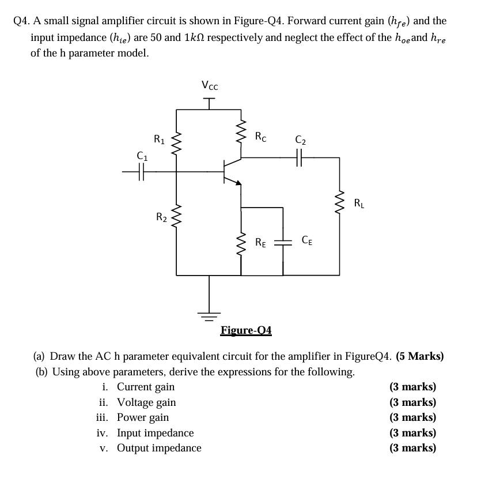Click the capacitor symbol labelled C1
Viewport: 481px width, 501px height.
click(141, 171)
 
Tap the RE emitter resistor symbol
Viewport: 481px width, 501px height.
click(241, 242)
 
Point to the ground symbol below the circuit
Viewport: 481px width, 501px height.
click(210, 315)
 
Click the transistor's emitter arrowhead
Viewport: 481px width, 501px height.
click(237, 183)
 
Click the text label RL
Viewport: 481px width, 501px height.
click(359, 203)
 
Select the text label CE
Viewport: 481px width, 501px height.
click(306, 241)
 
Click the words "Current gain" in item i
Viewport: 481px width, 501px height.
click(146, 387)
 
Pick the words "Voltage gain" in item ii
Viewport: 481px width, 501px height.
click(146, 402)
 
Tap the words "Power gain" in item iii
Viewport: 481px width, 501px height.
click(143, 417)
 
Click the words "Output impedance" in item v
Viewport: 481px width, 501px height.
click(159, 448)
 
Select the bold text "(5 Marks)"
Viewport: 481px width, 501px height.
click(420, 356)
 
